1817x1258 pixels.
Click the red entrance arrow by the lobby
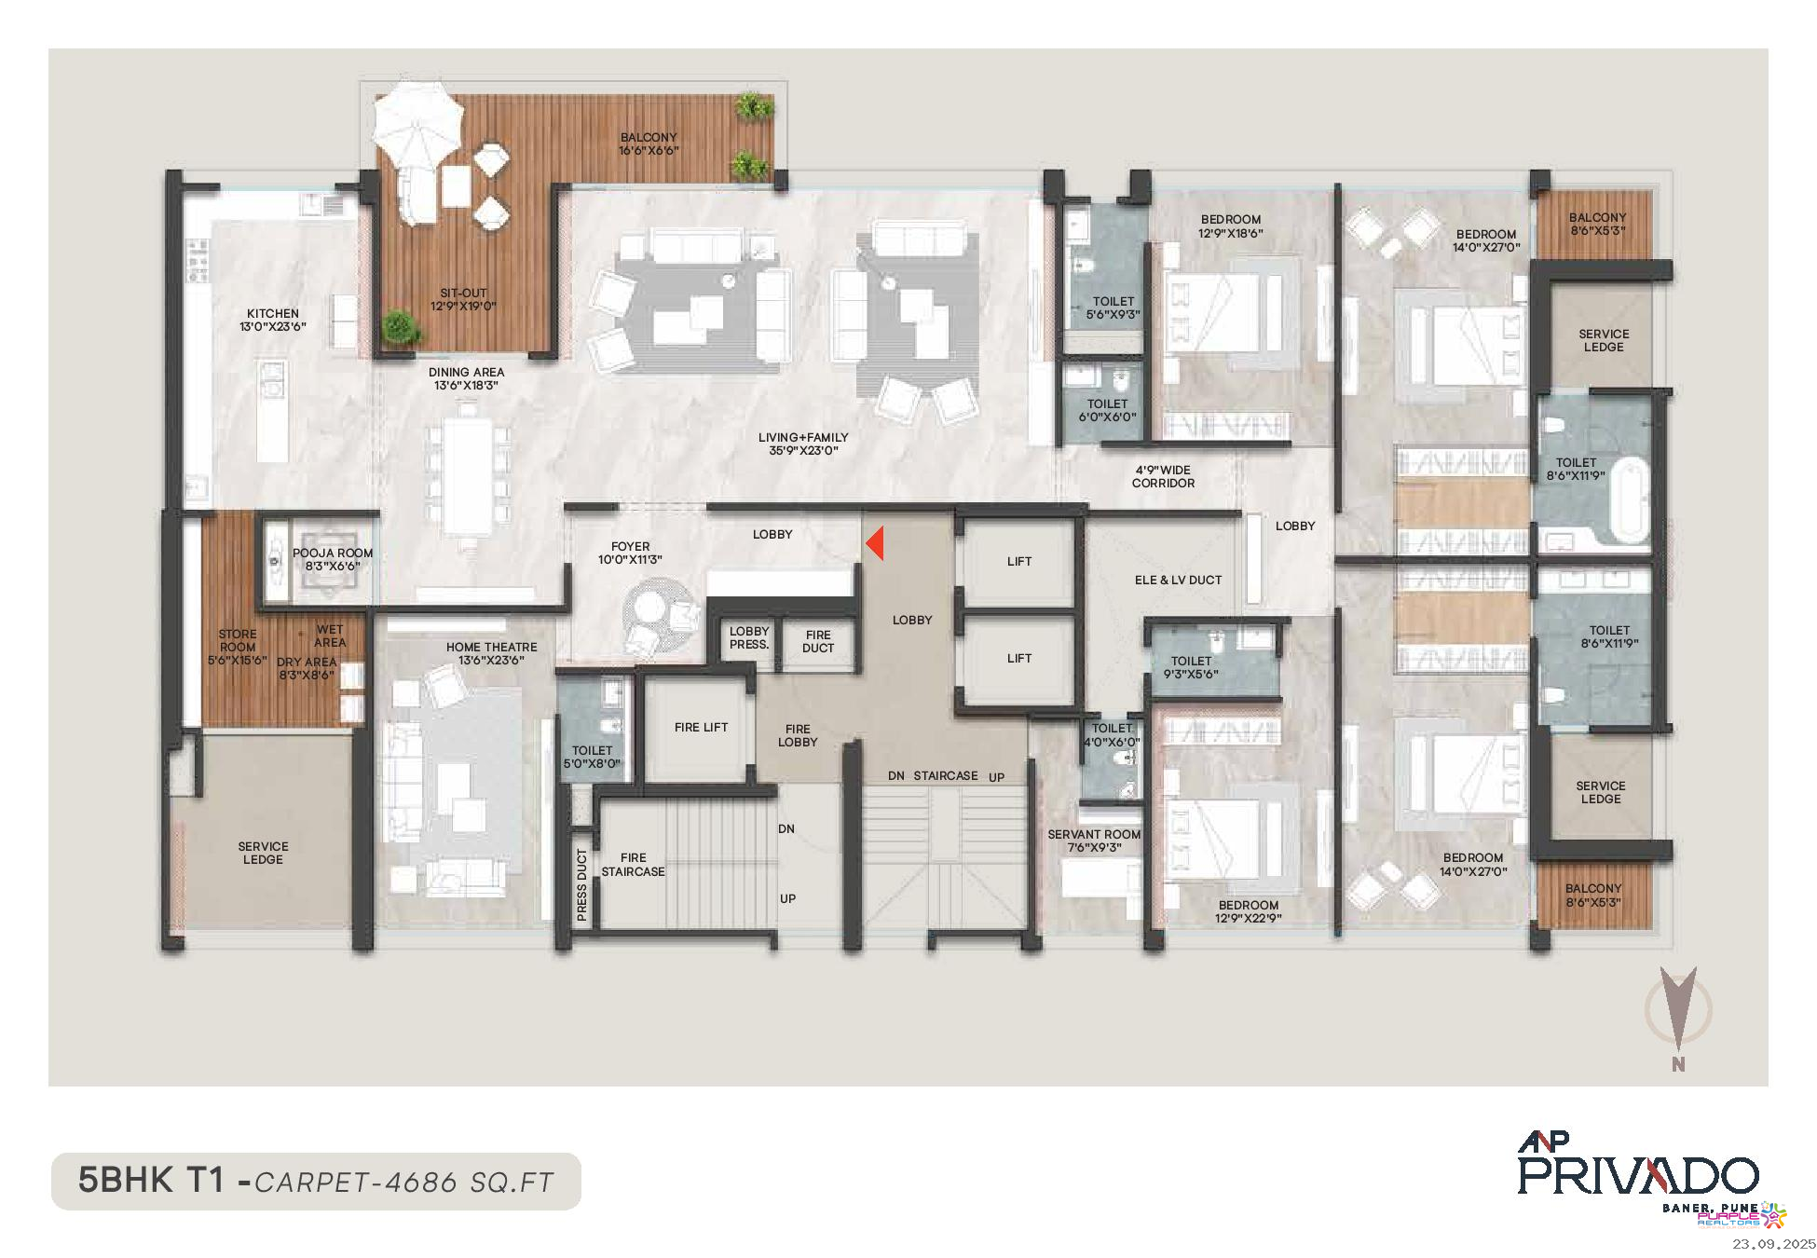[x=875, y=544]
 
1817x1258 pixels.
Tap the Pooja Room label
[x=333, y=559]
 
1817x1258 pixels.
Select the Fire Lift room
[x=701, y=728]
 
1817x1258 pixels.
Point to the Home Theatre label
[x=491, y=653]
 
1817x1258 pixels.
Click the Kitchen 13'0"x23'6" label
[x=273, y=320]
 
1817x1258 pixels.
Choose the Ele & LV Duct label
[x=1178, y=580]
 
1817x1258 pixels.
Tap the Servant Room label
[x=1094, y=841]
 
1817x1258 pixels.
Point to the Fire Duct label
[x=817, y=641]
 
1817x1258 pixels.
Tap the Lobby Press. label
[x=749, y=637]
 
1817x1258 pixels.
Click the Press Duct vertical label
[x=582, y=884]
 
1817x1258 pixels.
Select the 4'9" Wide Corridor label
[x=1163, y=476]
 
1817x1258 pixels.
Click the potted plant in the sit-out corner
[x=399, y=326]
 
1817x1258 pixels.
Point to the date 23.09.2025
[x=1773, y=1244]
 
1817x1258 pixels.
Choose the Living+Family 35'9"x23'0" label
[x=802, y=444]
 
